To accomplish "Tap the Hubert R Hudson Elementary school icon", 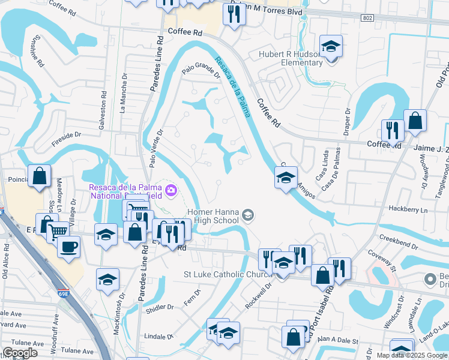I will coord(330,47).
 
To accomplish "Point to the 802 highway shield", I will coord(367,19).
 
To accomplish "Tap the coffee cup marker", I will coord(69,245).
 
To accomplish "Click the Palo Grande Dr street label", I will coord(202,73).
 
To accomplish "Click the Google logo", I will coord(20,353).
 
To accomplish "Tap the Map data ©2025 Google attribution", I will coord(412,355).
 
